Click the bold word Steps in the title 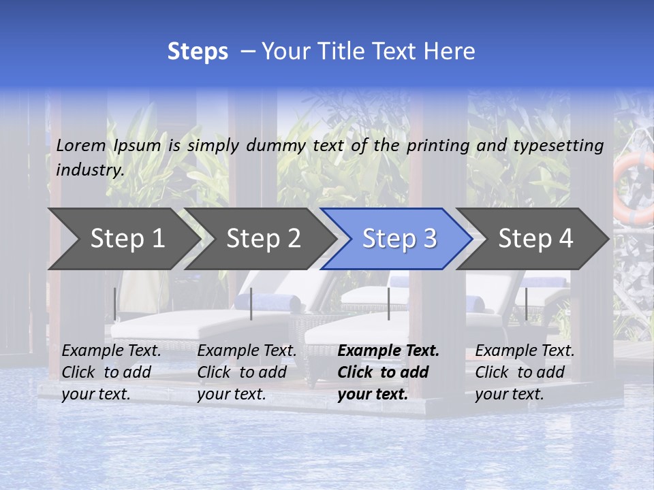click(198, 52)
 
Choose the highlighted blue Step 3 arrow click(399, 238)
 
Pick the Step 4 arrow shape click(535, 238)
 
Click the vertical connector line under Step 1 click(114, 304)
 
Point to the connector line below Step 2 click(251, 304)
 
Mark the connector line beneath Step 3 click(388, 304)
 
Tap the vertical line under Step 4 click(526, 304)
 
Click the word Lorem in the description click(81, 145)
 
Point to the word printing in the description click(438, 145)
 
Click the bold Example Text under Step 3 click(388, 351)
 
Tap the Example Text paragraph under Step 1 click(111, 372)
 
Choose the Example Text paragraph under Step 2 click(247, 372)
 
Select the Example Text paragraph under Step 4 click(525, 372)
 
